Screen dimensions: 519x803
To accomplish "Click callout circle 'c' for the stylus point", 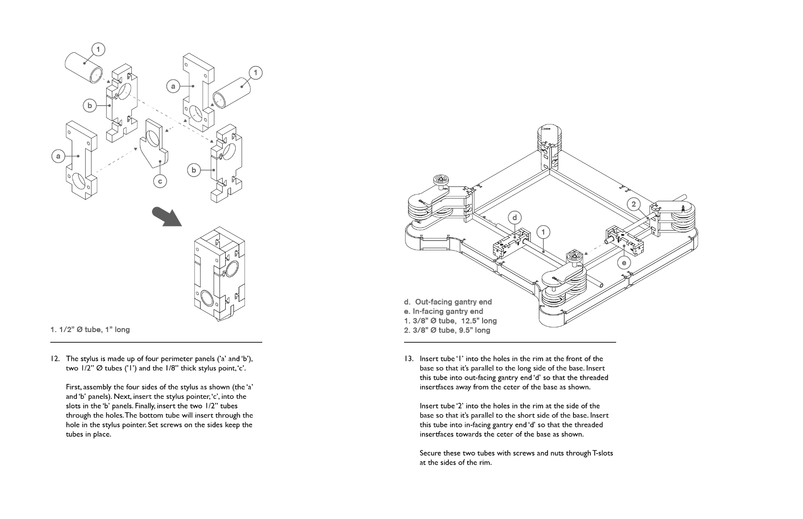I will click(160, 181).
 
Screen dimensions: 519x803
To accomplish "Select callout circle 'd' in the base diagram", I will click(515, 218).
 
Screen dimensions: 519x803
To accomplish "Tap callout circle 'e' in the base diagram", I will click(624, 262).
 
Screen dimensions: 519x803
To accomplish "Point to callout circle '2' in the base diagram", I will click(634, 204).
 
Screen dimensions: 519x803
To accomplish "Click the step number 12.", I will click(55, 358).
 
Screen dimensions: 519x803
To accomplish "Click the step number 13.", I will click(408, 358).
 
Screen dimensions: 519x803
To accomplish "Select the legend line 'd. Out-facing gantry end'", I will click(447, 302).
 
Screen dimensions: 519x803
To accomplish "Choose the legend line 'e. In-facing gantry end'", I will click(443, 311).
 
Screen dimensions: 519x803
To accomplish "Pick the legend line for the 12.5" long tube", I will click(450, 321).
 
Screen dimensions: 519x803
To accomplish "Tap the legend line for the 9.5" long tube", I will click(447, 330).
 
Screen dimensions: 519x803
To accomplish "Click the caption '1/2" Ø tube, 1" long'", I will click(90, 330).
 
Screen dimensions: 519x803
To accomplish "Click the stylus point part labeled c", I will click(153, 147).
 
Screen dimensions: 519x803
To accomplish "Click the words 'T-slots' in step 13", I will click(602, 453).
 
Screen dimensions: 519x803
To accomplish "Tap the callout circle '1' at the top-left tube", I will click(98, 49).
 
